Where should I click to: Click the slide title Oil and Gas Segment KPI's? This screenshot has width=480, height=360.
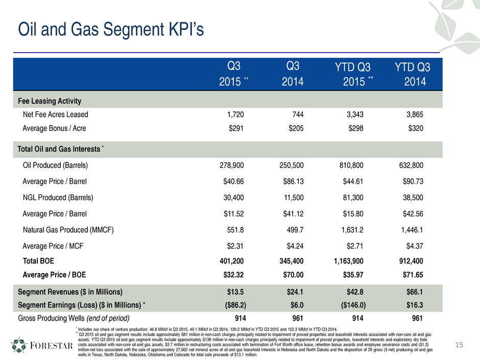tap(111, 30)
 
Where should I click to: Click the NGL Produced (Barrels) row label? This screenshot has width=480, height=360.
tap(58, 198)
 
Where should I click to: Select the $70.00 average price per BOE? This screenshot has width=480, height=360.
tap(291, 275)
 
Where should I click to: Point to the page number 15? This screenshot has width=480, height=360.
tap(461, 346)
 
